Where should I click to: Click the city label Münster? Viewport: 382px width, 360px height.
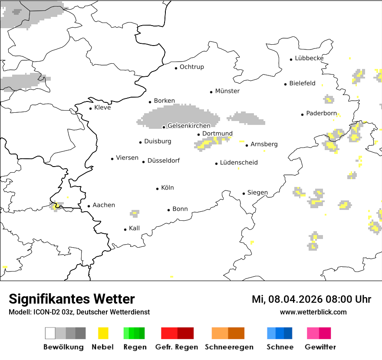(x=227, y=91)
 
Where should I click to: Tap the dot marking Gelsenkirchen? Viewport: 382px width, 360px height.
(x=164, y=127)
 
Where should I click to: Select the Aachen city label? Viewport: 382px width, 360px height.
(x=104, y=205)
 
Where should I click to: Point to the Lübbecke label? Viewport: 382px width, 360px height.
(x=309, y=58)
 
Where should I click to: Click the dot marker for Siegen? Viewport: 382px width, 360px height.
(x=244, y=193)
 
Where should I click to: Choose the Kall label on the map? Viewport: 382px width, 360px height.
(x=134, y=228)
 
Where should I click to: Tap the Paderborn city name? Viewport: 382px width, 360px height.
(x=321, y=114)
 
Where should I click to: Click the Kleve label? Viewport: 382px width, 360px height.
(x=102, y=108)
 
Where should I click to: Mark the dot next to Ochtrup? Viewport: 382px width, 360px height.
(x=176, y=68)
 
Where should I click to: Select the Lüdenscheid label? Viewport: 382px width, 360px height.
(x=239, y=163)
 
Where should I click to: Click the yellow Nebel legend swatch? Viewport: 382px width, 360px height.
(x=103, y=333)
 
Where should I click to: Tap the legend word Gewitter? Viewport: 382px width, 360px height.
(x=320, y=347)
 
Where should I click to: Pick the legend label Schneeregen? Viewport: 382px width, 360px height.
(x=229, y=347)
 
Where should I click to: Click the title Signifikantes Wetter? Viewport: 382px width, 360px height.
(x=72, y=299)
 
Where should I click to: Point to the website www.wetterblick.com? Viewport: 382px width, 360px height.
(x=313, y=312)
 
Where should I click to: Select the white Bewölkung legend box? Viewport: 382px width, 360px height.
(x=50, y=333)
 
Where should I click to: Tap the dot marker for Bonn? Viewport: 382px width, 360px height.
(x=168, y=210)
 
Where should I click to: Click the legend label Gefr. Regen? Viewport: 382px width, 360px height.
(x=176, y=347)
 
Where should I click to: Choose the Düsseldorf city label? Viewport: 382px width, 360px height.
(x=163, y=160)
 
